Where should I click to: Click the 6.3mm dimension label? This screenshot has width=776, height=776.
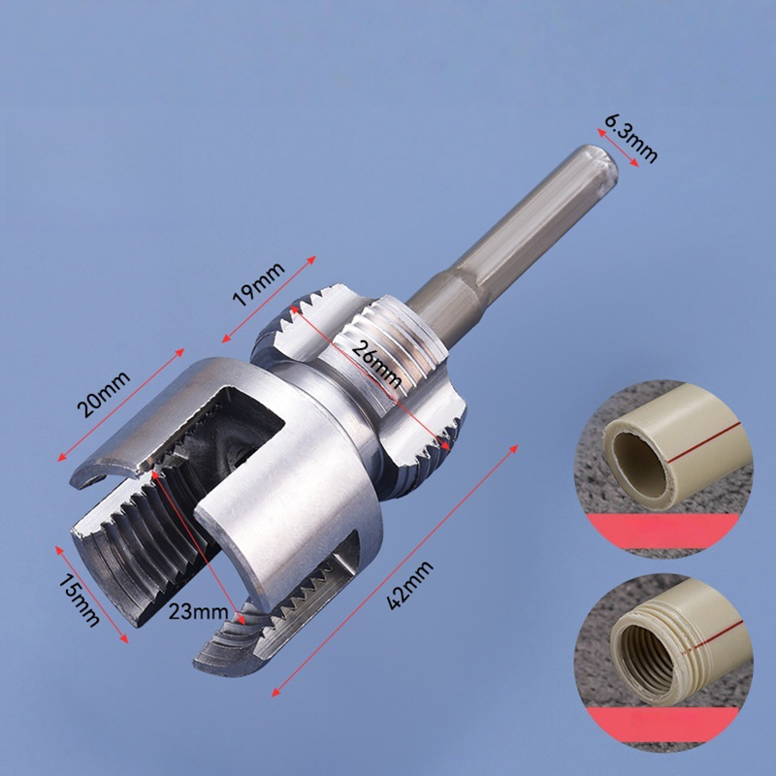(631, 138)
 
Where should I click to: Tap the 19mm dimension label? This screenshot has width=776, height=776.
(258, 284)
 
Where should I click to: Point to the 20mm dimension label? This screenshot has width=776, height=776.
(104, 394)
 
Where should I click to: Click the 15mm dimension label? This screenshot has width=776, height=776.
(80, 599)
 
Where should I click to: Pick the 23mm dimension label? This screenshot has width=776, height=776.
(198, 612)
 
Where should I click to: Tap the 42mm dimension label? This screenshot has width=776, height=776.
(409, 586)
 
